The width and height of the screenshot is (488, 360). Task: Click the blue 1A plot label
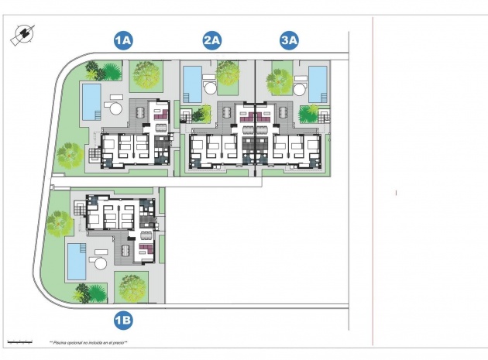[x=124, y=40]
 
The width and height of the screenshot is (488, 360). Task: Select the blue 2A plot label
[x=212, y=40]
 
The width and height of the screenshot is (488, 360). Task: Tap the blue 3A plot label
[x=290, y=40]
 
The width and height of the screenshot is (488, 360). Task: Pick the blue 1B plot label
[x=124, y=319]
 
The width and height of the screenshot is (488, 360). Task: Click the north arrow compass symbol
[x=22, y=35]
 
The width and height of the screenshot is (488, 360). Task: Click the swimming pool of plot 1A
[x=91, y=100]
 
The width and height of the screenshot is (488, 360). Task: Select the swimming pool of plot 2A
[x=191, y=80]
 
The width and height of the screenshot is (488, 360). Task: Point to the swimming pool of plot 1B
[x=76, y=260]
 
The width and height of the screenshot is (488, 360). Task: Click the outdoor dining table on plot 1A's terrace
[x=140, y=113]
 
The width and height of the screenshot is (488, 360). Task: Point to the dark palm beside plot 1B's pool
[x=83, y=292]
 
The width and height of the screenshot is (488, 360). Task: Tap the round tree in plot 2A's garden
[x=229, y=74]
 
